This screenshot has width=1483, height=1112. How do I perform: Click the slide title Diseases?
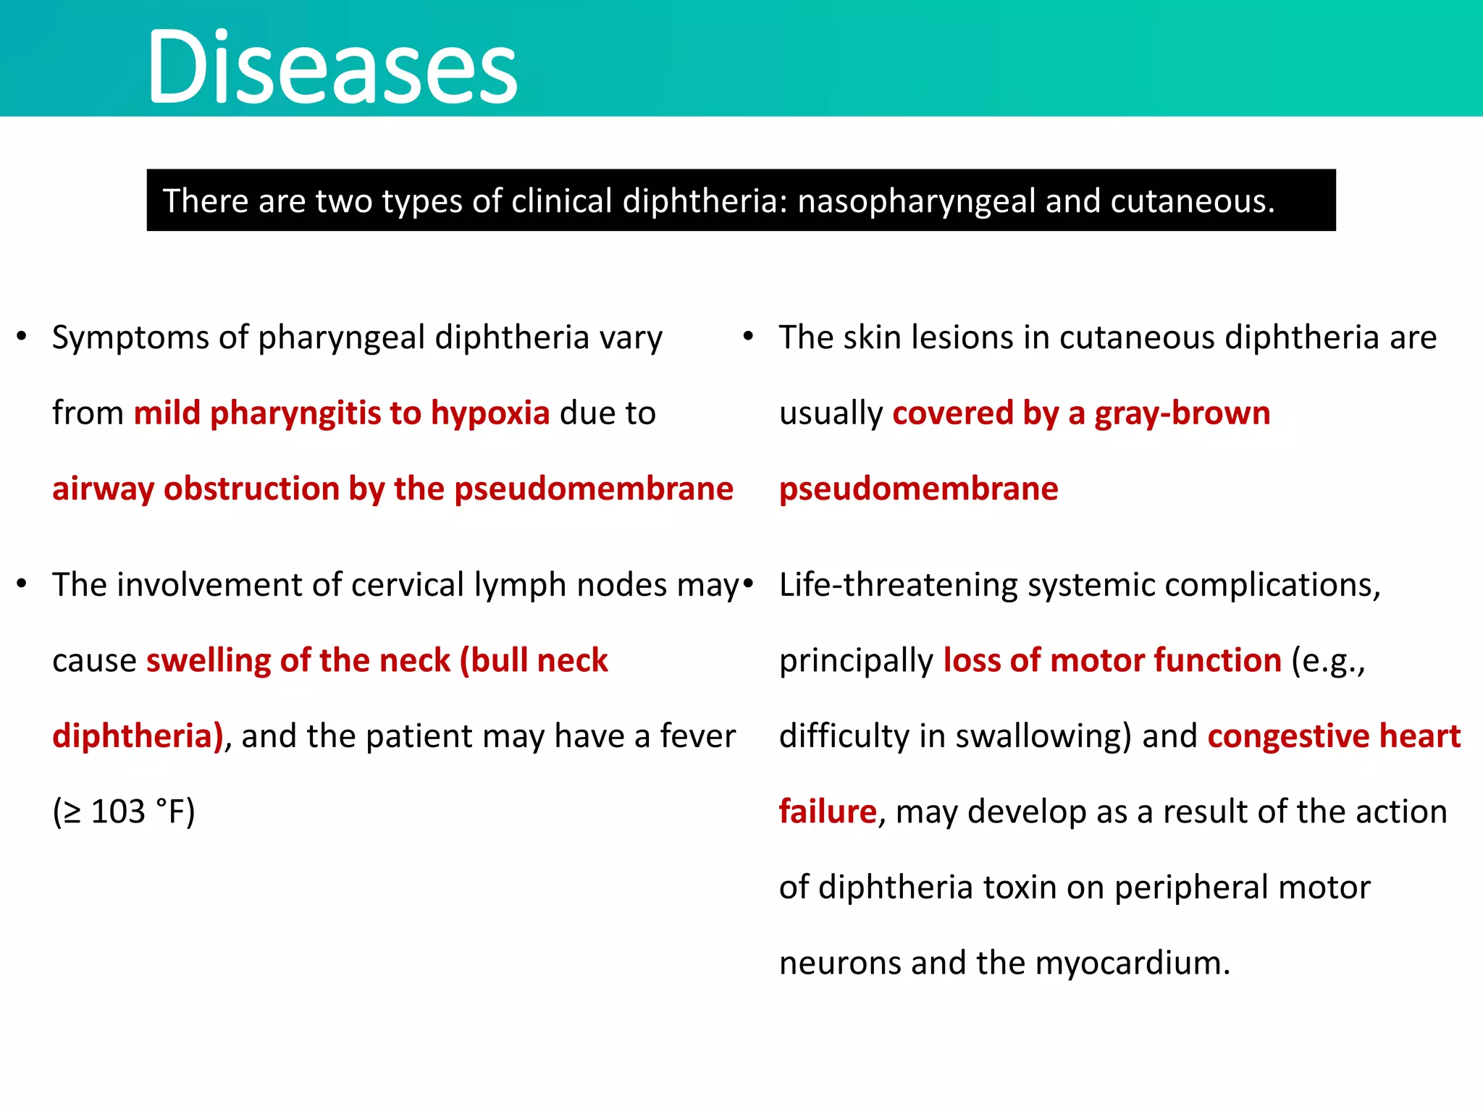coord(332,67)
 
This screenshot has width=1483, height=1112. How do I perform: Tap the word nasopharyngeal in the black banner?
coord(915,201)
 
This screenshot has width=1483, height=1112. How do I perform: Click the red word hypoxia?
coord(490,413)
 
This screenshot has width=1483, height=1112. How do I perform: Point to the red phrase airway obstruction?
coord(196,489)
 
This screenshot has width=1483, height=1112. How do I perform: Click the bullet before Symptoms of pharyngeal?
coord(22,337)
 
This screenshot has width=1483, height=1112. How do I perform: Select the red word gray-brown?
coord(1182,413)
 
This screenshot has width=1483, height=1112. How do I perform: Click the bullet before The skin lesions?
coord(749,337)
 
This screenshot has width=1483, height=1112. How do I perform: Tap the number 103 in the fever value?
coord(118,812)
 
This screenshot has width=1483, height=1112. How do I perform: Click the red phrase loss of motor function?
coord(1112,661)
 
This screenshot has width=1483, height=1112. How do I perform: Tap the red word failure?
coord(828,812)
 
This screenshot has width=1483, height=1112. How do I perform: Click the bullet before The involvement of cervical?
coord(22,584)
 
